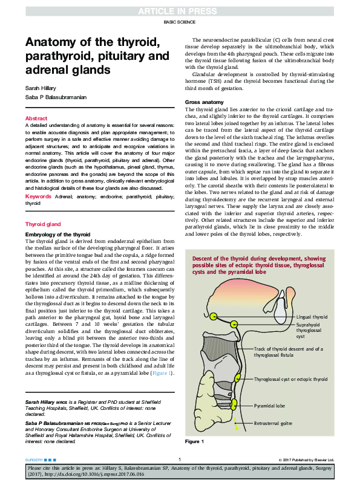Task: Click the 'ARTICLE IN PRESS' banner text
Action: click(x=180, y=11)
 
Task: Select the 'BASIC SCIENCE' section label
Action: click(x=180, y=23)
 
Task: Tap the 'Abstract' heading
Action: click(x=36, y=118)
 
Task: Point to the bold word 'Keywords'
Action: click(x=39, y=180)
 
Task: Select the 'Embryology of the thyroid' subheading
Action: click(x=57, y=217)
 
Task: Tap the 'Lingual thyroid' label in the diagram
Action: click(x=312, y=317)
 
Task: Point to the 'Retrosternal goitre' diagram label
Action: click(x=275, y=423)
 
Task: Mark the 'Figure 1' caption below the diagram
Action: click(x=194, y=443)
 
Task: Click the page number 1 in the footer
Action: click(x=180, y=460)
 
